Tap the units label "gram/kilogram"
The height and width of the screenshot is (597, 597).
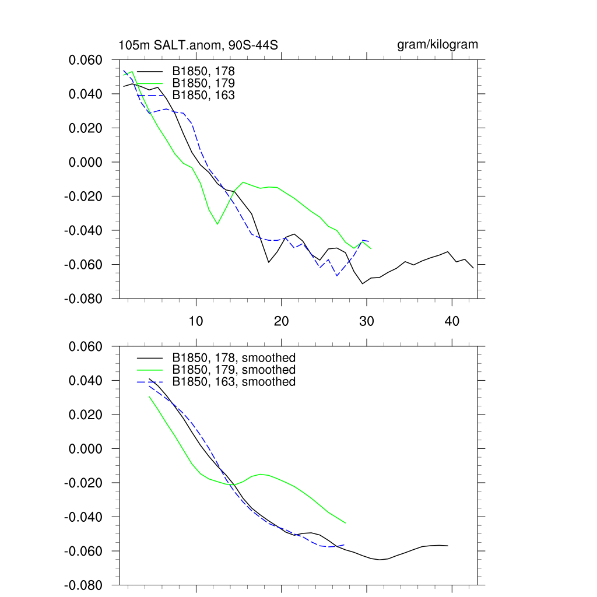[437, 44]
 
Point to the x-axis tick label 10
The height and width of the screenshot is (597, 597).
[196, 321]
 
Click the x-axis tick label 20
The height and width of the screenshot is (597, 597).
[282, 321]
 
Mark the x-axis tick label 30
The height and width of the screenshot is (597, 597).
[367, 321]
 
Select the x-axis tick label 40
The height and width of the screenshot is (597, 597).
[452, 321]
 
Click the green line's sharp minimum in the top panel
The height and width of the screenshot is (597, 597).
[217, 224]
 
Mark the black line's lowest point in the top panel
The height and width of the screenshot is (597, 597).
[363, 283]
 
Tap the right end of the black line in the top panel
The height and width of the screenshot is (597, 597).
[473, 268]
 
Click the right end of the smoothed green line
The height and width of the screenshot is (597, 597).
[346, 523]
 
